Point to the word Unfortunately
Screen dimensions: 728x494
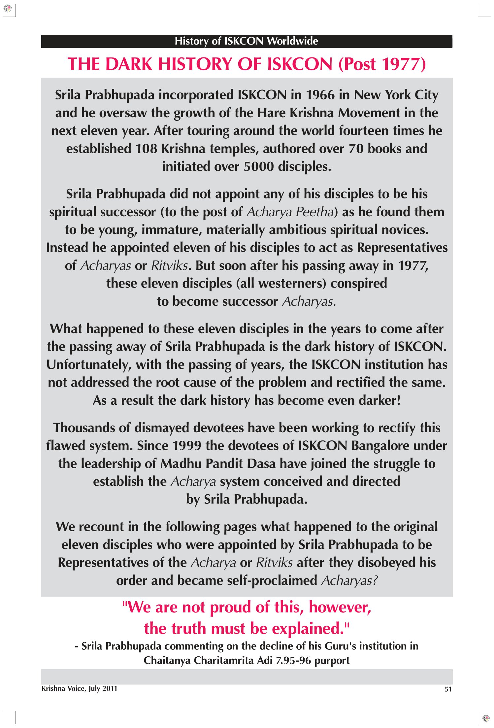[x=89, y=365]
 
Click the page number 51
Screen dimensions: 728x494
[x=448, y=689]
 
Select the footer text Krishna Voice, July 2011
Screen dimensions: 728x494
[x=80, y=688]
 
